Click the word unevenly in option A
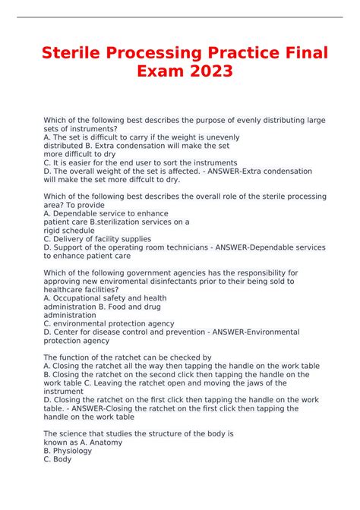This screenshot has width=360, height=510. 223,137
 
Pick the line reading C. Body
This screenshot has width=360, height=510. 58,458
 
